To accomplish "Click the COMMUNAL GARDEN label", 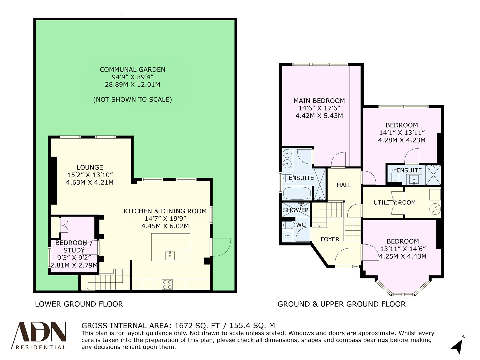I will tap(132, 70).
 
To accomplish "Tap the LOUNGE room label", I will tap(90, 167).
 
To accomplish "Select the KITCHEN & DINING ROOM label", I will tap(165, 211).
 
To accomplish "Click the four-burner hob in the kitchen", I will tap(167, 284).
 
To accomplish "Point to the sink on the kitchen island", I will tap(170, 255).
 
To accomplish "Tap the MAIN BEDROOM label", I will tap(319, 101).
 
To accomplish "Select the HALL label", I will tap(344, 185).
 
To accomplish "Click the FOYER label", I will tap(330, 239).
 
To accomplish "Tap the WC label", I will tap(301, 225).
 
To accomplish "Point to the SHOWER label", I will tap(296, 210).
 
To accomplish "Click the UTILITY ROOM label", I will tap(394, 203).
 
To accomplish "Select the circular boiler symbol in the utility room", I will tap(435, 209).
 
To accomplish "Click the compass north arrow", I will tap(457, 346).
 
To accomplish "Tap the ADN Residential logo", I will tap(39, 335).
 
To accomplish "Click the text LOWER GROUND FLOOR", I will tap(79, 304).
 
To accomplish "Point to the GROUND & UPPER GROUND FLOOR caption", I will tap(341, 304).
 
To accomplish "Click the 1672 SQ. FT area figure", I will tap(197, 326).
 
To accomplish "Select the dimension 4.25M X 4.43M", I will tap(403, 256).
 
